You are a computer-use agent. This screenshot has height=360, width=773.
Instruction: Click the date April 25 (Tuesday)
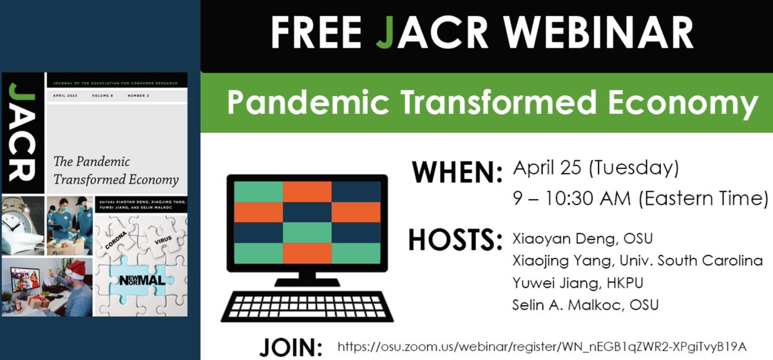[595, 169]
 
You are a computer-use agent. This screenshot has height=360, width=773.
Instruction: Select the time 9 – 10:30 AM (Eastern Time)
[640, 198]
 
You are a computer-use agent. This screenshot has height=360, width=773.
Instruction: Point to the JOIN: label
[291, 346]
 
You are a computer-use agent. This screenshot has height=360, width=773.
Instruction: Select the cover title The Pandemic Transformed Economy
[116, 171]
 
